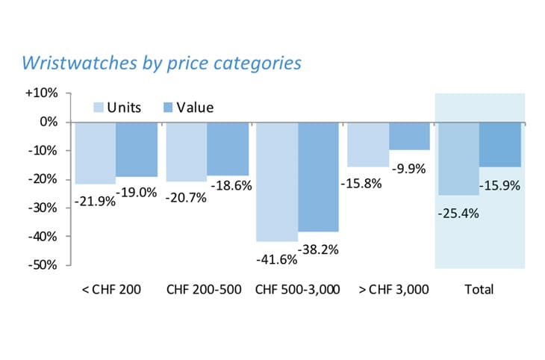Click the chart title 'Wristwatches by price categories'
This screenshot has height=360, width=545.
162,62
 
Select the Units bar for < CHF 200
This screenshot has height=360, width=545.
96,152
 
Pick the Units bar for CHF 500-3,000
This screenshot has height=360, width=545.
276,181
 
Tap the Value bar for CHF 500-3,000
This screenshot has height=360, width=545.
319,176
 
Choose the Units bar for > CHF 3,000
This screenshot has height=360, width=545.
367,144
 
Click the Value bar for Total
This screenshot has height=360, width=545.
500,144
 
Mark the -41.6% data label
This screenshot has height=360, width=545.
276,260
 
